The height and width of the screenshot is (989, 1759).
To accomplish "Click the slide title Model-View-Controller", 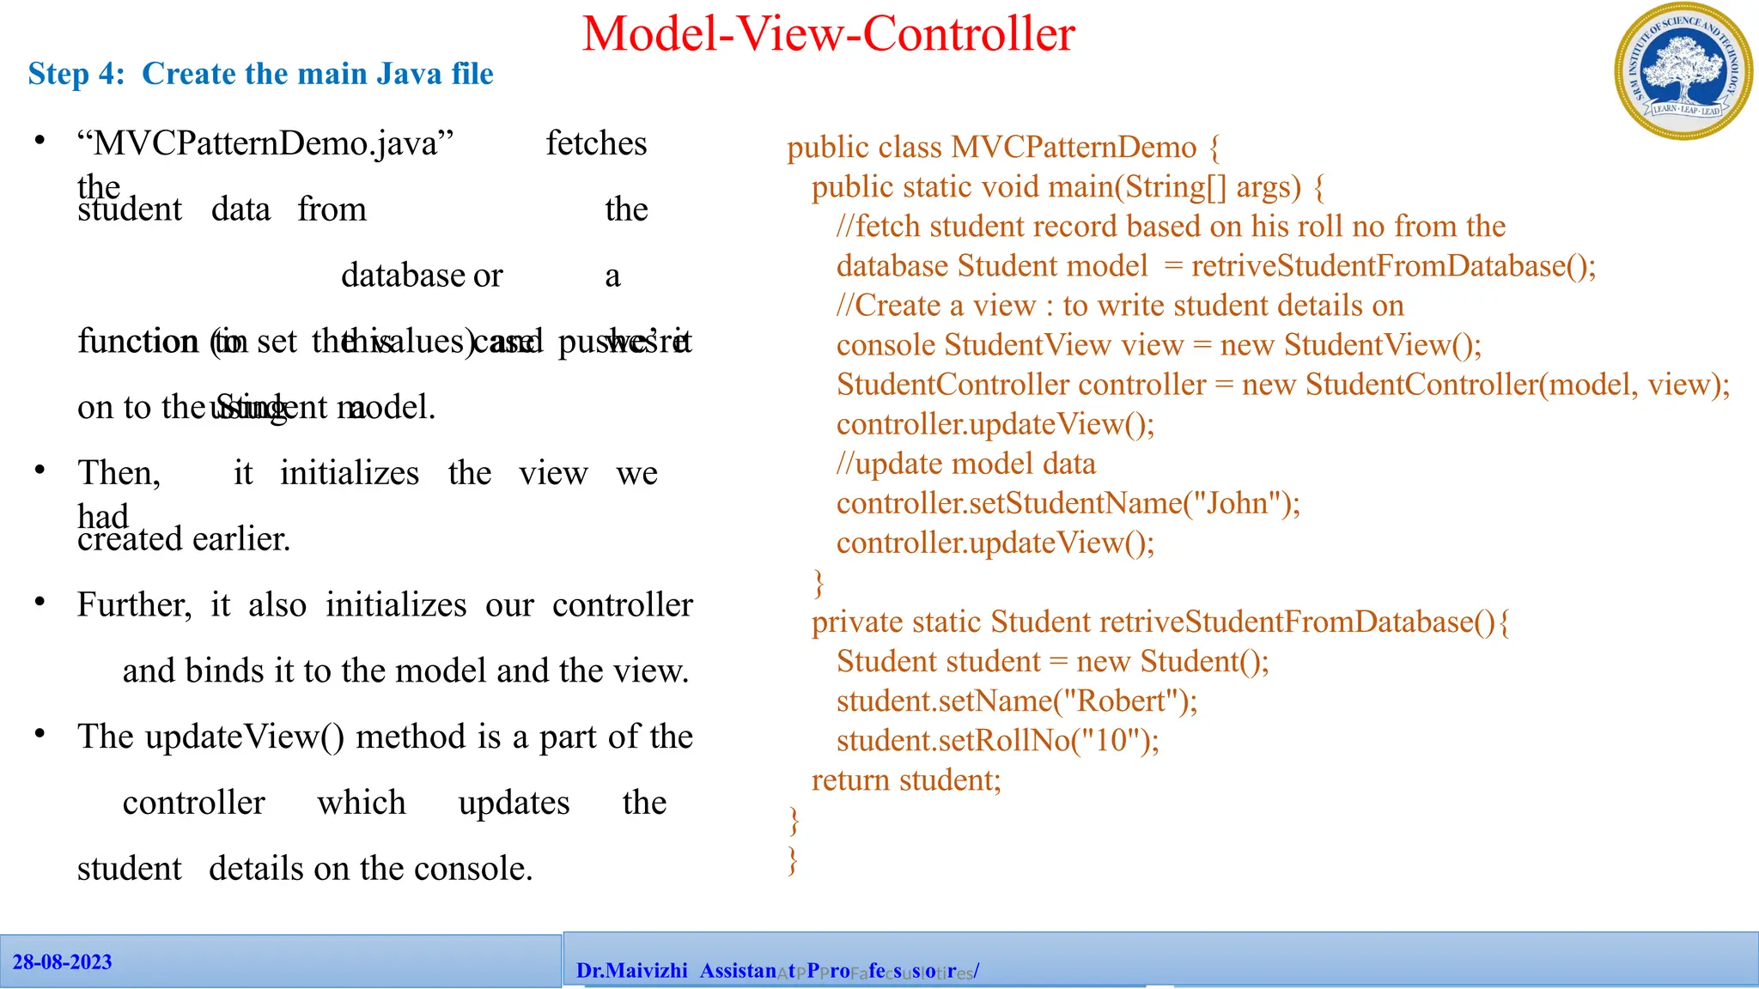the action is [x=828, y=34].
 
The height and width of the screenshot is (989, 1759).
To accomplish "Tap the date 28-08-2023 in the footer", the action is [x=62, y=962].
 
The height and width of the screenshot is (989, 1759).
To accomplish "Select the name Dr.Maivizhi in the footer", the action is [x=631, y=971].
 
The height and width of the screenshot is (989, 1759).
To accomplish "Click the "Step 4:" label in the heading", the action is [x=76, y=74].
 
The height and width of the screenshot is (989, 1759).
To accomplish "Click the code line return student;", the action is [x=906, y=780].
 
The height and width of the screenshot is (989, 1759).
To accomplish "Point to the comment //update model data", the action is [x=965, y=464].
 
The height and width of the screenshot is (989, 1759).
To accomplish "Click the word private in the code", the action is [x=853, y=622].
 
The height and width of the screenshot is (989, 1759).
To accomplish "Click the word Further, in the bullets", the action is [x=134, y=605].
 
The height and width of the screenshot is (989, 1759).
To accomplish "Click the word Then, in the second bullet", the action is [x=119, y=473].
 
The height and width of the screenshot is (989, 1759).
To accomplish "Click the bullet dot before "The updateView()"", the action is [x=40, y=734].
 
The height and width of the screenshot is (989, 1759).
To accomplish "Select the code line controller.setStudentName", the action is [x=1068, y=503].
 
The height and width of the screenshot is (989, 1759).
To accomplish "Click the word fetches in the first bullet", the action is [x=596, y=143].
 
